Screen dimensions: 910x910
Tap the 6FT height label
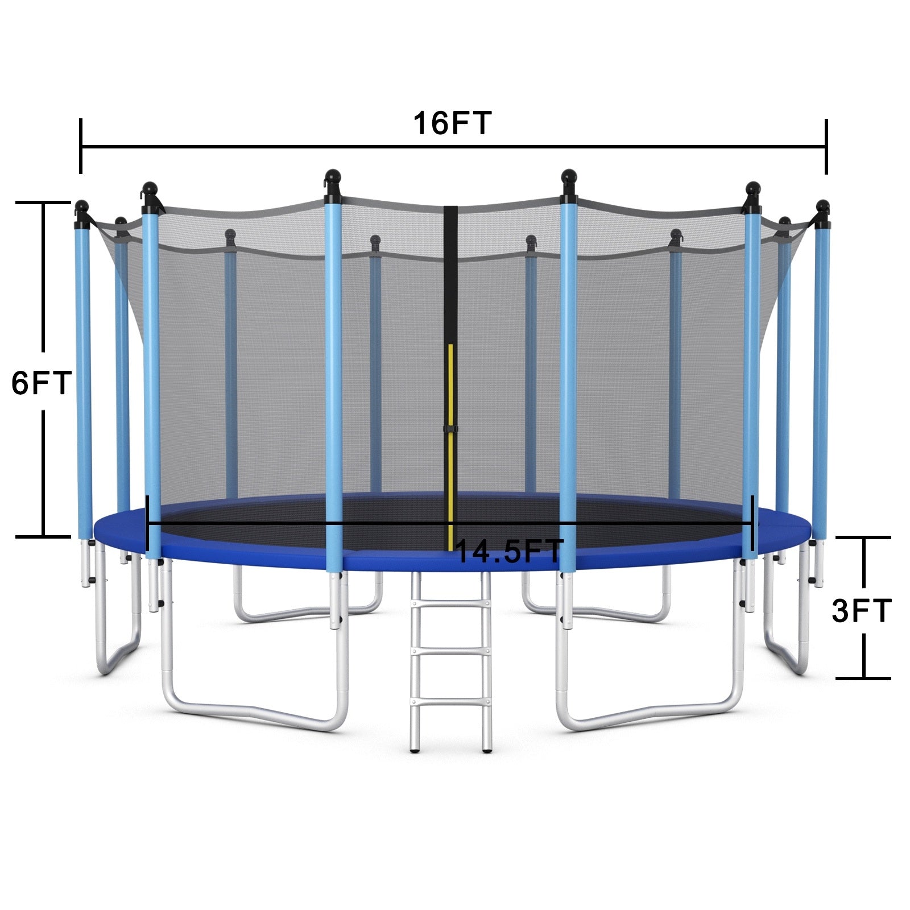(x=41, y=382)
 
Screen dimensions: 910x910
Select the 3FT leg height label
(x=861, y=611)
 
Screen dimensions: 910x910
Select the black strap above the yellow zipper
(x=450, y=273)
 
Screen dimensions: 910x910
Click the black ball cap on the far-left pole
(x=81, y=206)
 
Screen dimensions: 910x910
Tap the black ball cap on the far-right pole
(x=822, y=206)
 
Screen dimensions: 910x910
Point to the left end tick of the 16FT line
(x=81, y=146)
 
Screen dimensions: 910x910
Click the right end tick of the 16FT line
(x=826, y=146)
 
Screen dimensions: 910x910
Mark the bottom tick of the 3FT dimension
(x=863, y=677)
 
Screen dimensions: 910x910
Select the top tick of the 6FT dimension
(x=43, y=202)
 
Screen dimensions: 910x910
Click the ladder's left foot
(x=415, y=750)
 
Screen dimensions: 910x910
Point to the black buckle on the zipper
(x=450, y=428)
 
